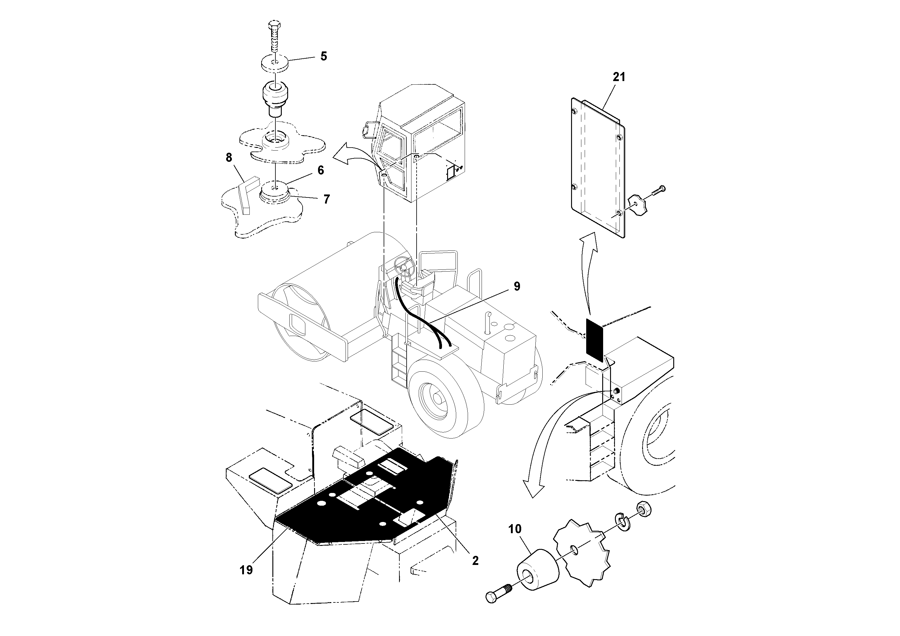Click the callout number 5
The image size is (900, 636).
coord(323,57)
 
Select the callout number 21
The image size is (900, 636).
coord(619,77)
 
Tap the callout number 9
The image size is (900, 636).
coord(517,287)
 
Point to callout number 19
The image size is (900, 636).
coord(246,570)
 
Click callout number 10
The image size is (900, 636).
coord(515,529)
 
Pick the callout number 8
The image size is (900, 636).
coord(229,158)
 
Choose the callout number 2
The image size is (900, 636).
coord(475,561)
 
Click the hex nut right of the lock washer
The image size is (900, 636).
coord(645,509)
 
